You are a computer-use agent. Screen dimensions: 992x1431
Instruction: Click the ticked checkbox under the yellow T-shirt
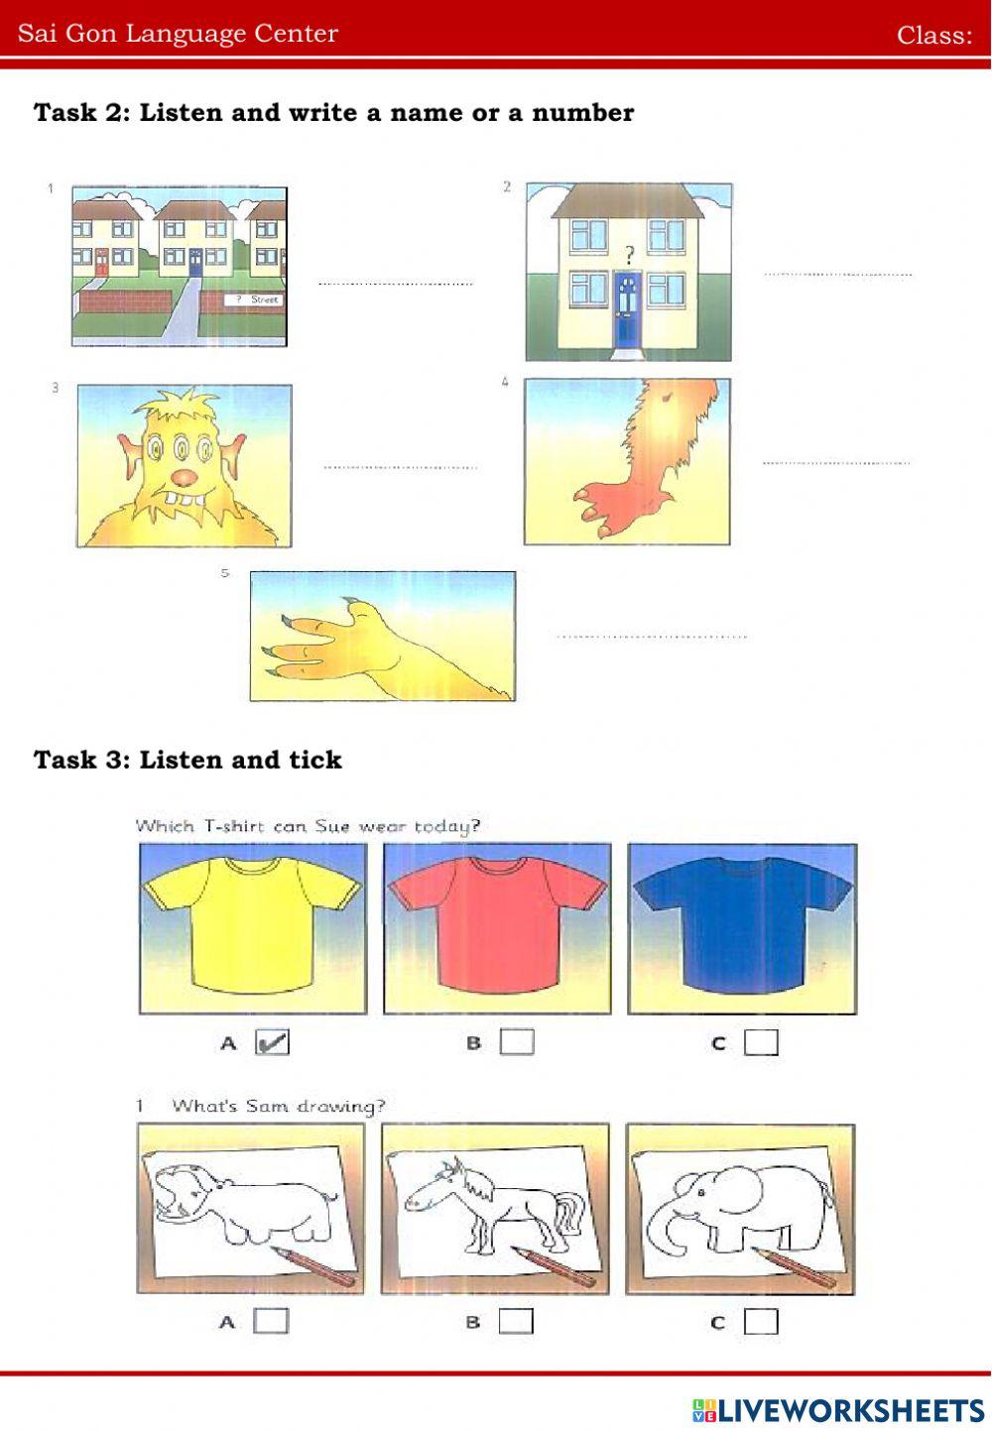point(272,1042)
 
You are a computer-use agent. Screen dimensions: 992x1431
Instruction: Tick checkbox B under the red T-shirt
point(517,1042)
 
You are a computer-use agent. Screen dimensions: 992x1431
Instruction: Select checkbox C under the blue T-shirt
point(761,1042)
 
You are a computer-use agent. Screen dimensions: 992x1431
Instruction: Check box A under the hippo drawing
point(271,1321)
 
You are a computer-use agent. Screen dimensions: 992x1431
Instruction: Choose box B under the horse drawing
point(516,1321)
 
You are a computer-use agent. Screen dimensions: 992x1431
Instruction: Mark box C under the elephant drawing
point(761,1321)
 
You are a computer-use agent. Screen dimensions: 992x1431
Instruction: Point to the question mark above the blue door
point(630,256)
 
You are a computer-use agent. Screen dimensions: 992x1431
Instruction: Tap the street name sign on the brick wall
point(253,299)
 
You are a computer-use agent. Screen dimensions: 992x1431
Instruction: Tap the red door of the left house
point(102,263)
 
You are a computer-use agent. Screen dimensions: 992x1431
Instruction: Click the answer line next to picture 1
point(396,283)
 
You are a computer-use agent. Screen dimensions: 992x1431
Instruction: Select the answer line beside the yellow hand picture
point(652,637)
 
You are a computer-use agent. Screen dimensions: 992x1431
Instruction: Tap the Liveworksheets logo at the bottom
point(838,1410)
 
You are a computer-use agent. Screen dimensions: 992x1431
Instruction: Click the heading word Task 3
point(83,760)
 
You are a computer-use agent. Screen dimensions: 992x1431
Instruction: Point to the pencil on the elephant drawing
point(794,1268)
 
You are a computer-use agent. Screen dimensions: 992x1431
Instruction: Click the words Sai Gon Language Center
point(178,33)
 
